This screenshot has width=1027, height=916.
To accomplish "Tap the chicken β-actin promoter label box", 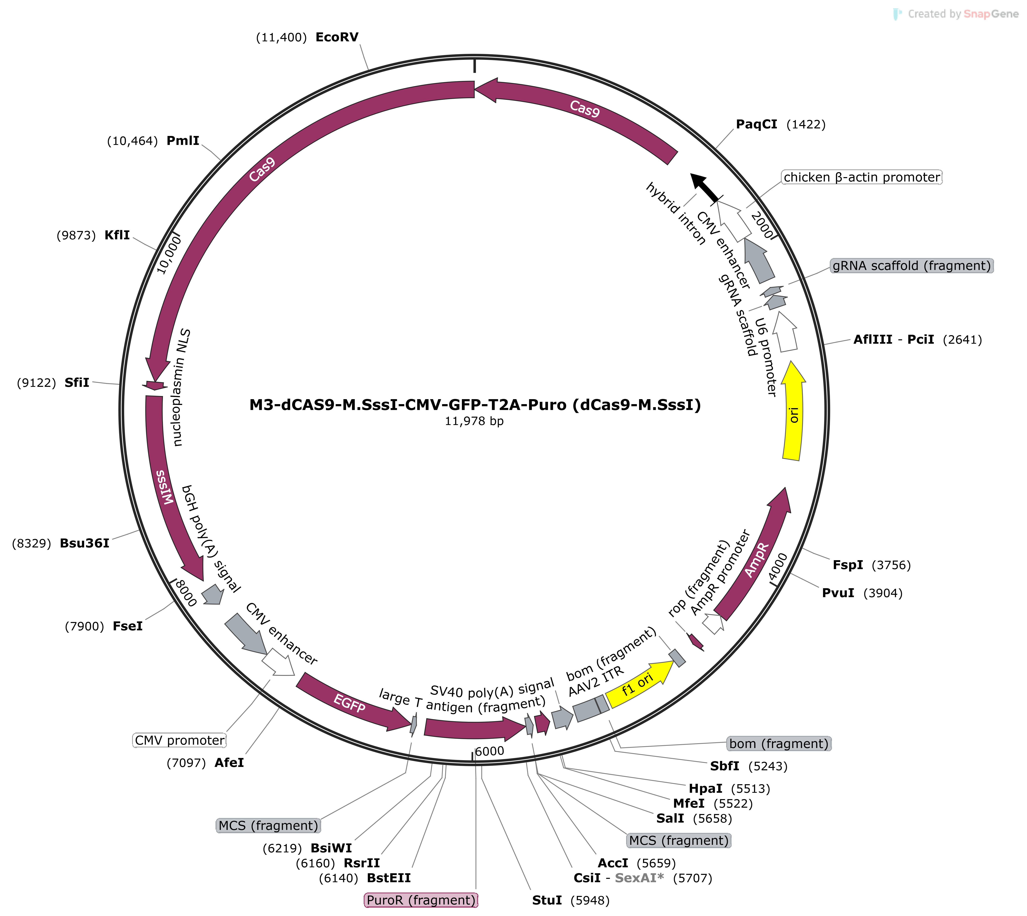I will tap(862, 177).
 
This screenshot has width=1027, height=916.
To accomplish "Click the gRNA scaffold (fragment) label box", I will tap(911, 266).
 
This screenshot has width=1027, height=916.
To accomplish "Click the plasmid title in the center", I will tap(475, 405).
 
